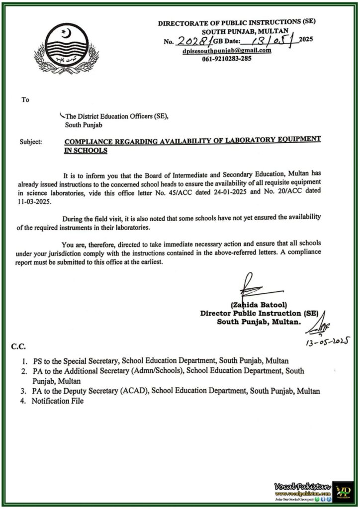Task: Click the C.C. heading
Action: [19, 346]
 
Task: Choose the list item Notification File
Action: [58, 401]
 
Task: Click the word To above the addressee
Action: [25, 100]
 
